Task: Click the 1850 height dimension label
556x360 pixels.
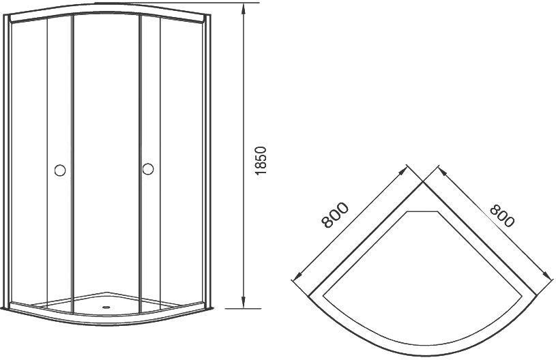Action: [261, 160]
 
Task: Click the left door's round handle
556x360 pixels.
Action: [60, 170]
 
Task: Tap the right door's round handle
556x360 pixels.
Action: [148, 168]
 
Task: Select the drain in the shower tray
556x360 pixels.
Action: [106, 307]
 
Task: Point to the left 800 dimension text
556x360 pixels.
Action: [335, 215]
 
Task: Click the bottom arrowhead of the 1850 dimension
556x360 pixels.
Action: [244, 302]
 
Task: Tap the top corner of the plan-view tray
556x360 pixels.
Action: [423, 182]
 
